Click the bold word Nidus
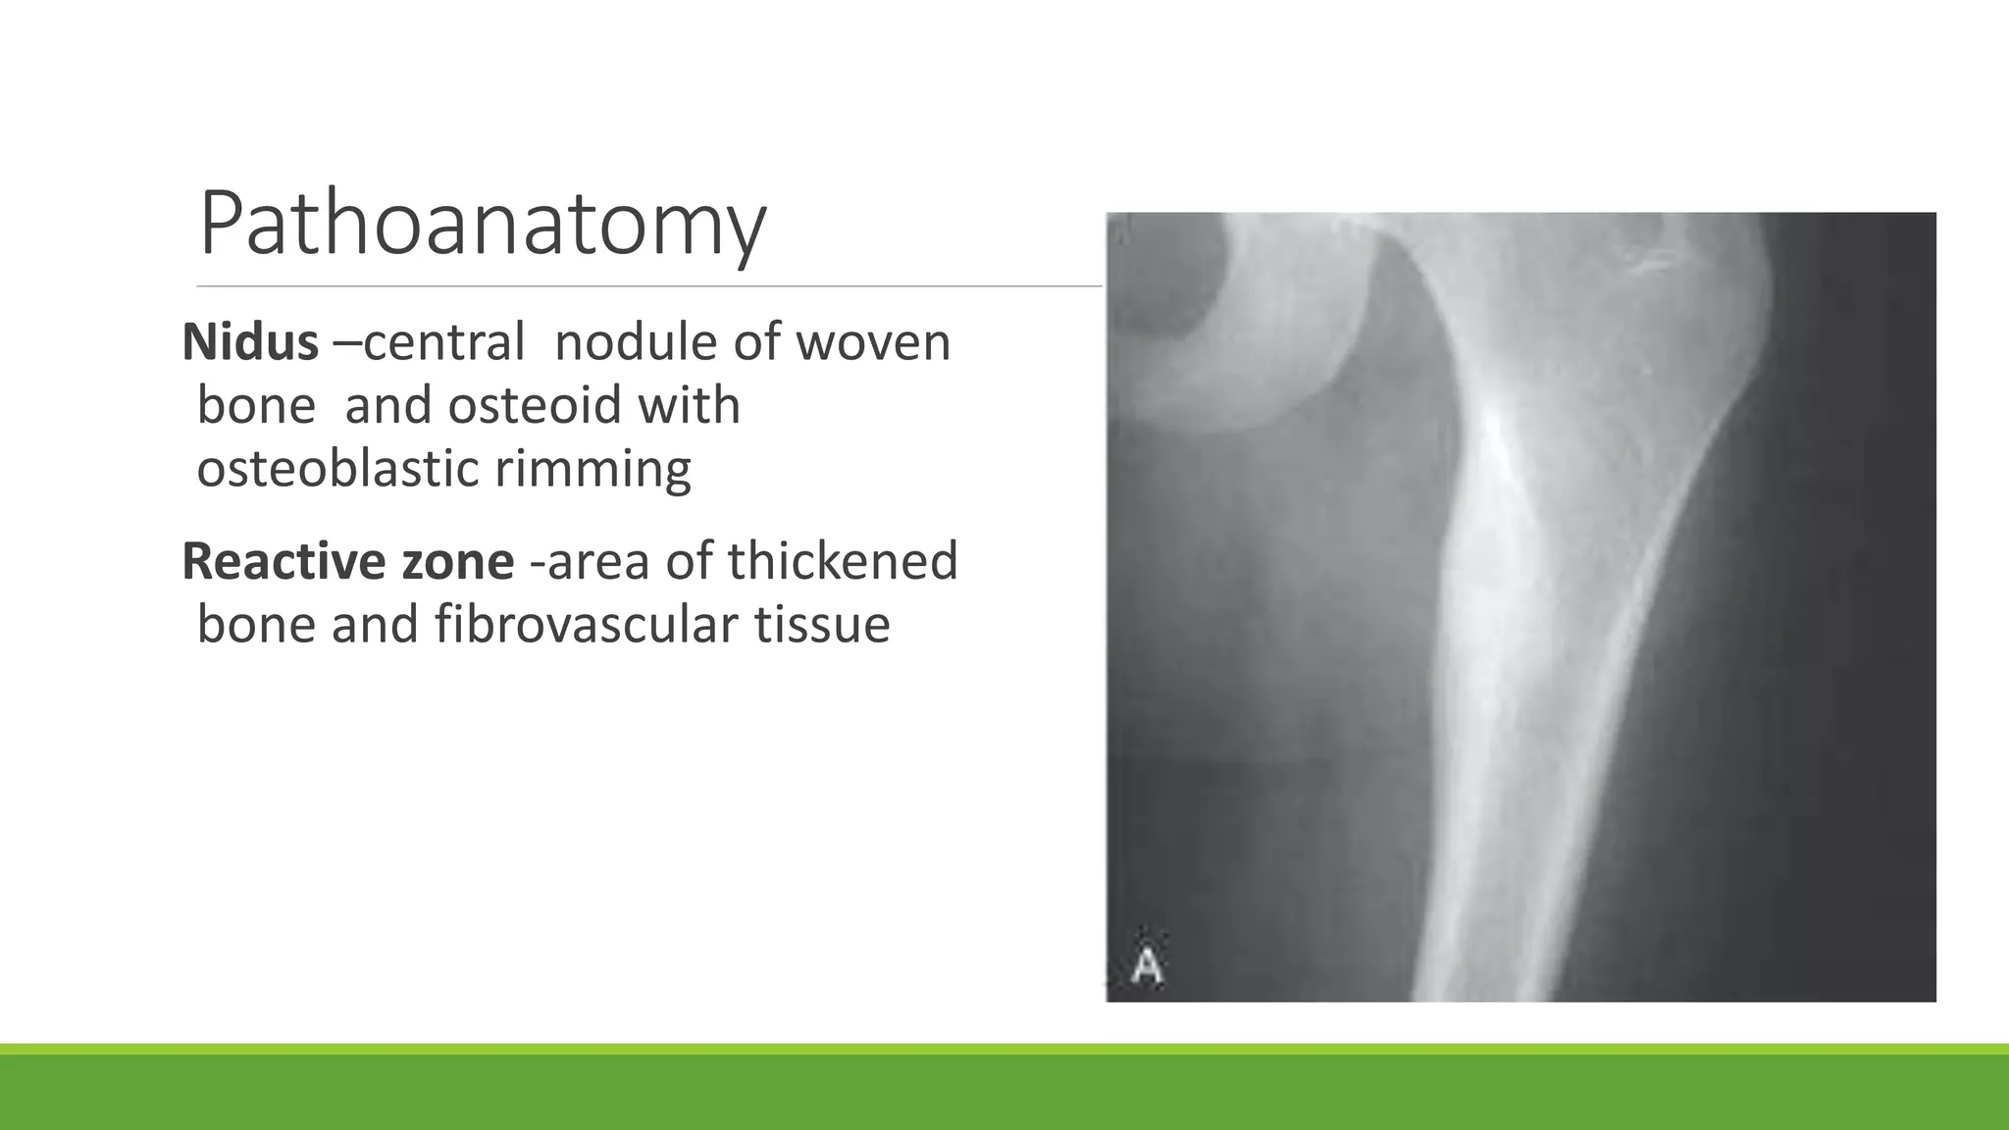click(x=250, y=342)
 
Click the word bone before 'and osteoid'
click(x=256, y=405)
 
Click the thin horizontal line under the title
click(x=647, y=286)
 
